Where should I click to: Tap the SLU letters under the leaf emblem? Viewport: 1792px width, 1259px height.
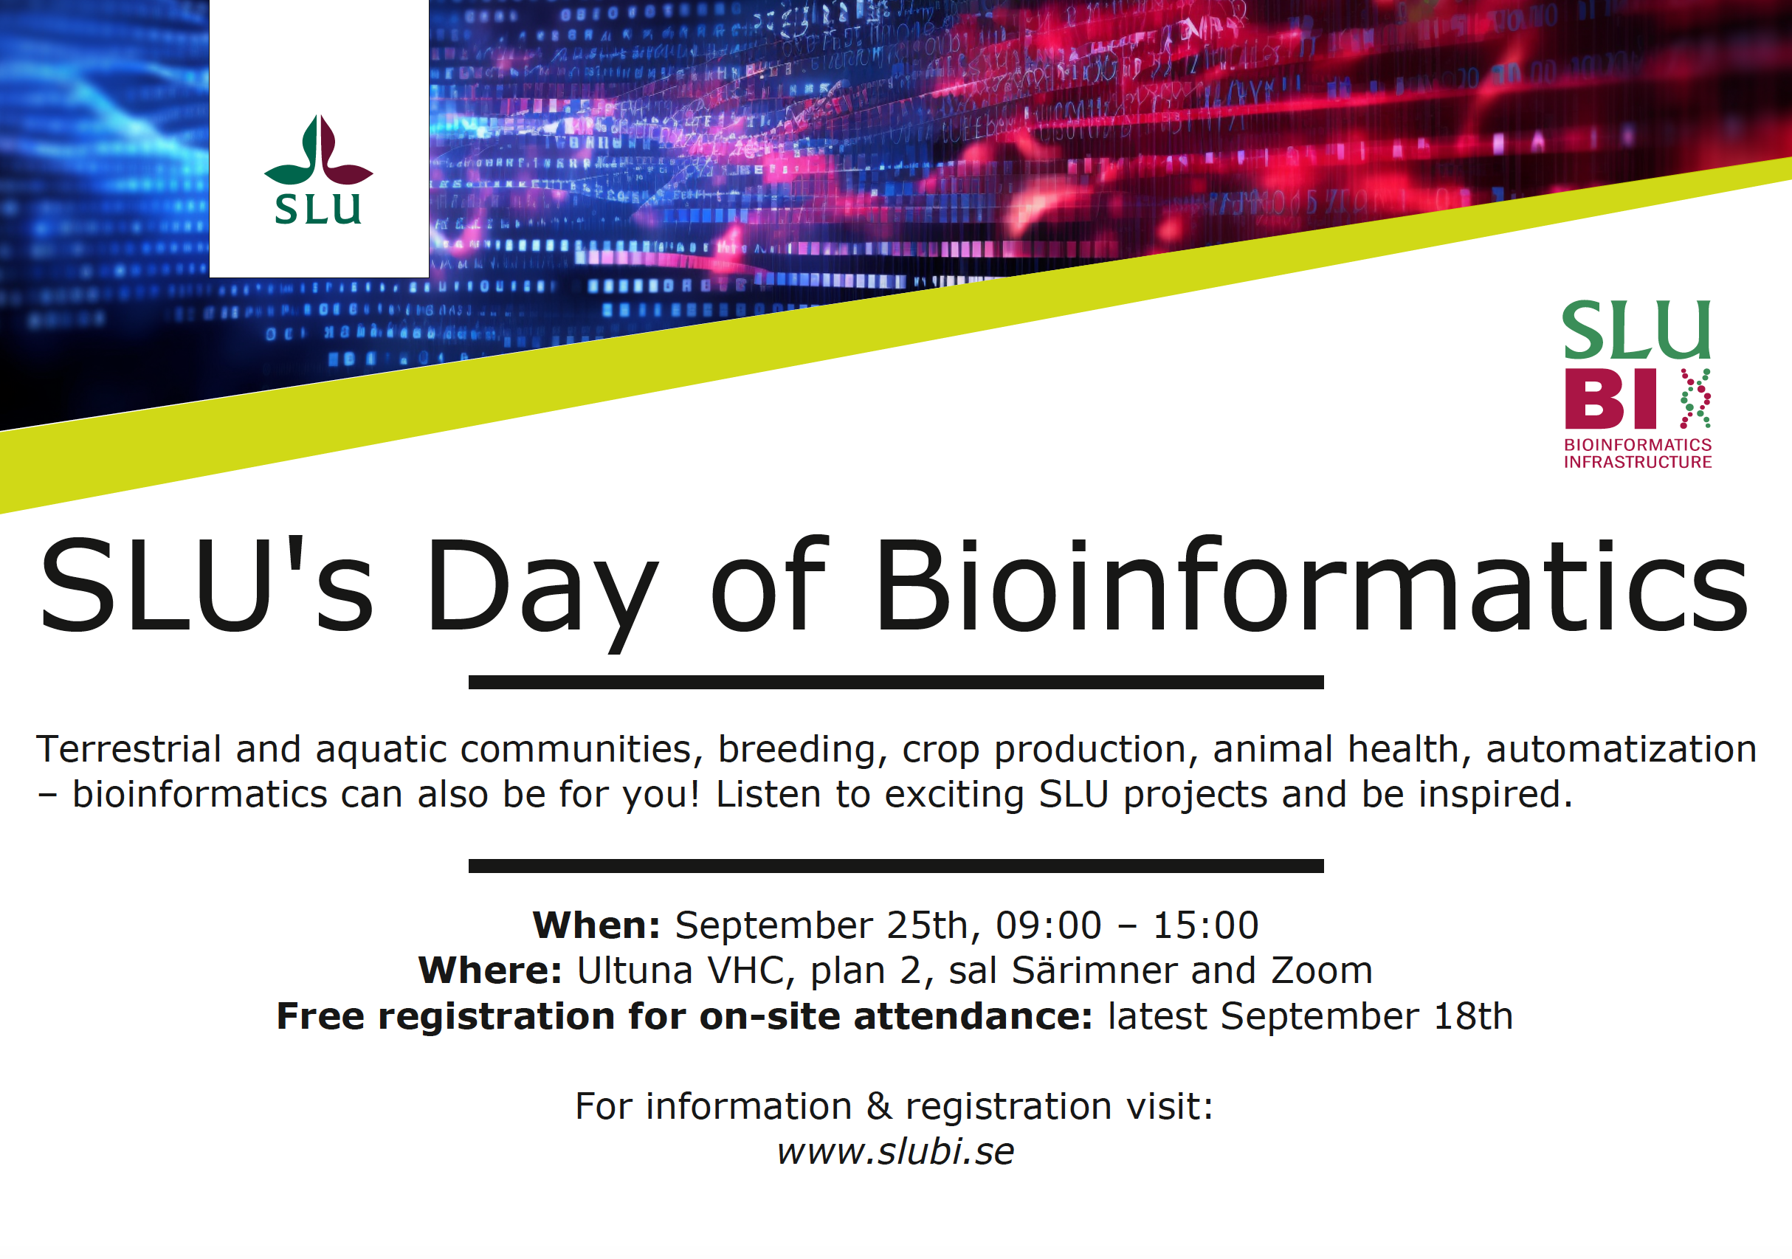(x=317, y=208)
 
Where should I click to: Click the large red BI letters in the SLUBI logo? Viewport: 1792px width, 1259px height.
(x=1610, y=398)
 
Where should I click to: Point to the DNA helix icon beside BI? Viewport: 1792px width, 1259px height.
(x=1695, y=398)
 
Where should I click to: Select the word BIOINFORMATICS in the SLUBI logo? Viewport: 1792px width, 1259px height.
(x=1638, y=444)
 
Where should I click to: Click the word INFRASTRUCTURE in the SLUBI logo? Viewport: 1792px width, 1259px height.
(x=1638, y=462)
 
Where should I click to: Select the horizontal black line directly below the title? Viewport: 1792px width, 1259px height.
(x=896, y=682)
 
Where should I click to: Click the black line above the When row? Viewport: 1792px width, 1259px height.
(x=896, y=866)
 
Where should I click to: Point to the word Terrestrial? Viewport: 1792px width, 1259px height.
(x=128, y=749)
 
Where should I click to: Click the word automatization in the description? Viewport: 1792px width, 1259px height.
(x=1621, y=749)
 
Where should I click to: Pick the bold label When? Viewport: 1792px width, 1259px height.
(x=596, y=925)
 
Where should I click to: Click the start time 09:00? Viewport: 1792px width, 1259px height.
(x=1048, y=925)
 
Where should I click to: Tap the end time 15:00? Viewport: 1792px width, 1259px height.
(x=1206, y=925)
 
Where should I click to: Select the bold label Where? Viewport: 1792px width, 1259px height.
(x=490, y=971)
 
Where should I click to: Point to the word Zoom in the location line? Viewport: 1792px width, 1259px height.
(x=1322, y=971)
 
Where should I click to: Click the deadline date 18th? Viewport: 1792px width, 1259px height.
(x=1474, y=1016)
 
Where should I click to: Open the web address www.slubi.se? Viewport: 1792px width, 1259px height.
(x=896, y=1151)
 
